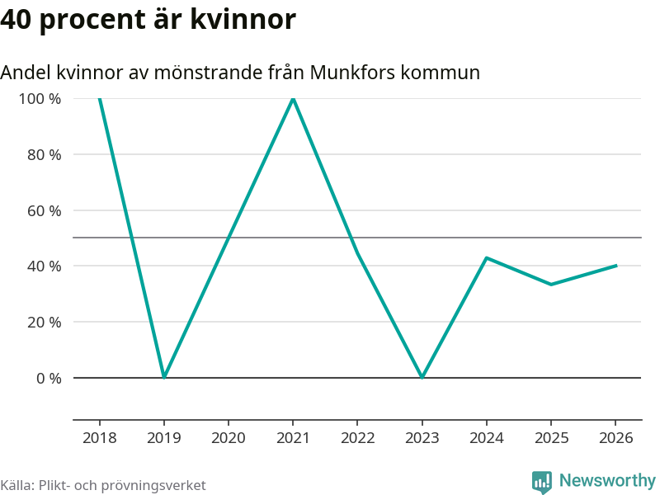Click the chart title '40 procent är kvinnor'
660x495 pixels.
pos(148,20)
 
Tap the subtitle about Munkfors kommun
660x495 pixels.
pos(240,73)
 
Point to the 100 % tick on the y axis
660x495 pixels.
pos(40,99)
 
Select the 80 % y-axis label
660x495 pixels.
pos(43,154)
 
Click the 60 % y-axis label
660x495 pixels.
pos(43,210)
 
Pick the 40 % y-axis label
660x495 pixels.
pos(43,266)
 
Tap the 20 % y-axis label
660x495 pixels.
pos(43,322)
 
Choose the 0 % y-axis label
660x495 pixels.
pos(47,378)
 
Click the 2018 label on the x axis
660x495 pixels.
pos(99,437)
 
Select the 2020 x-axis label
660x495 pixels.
pos(229,437)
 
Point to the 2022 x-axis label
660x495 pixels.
pos(357,437)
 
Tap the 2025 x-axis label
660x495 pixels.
pos(551,437)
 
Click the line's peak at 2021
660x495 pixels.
pos(293,99)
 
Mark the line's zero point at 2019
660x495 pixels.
pos(164,377)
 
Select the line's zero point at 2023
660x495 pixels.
pos(422,377)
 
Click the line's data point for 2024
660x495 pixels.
pos(487,258)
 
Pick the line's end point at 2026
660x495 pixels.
pos(615,266)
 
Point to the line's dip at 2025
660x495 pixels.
pos(551,285)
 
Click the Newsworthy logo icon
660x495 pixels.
pos(541,481)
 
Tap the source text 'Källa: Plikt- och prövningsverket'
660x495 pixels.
pos(103,486)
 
